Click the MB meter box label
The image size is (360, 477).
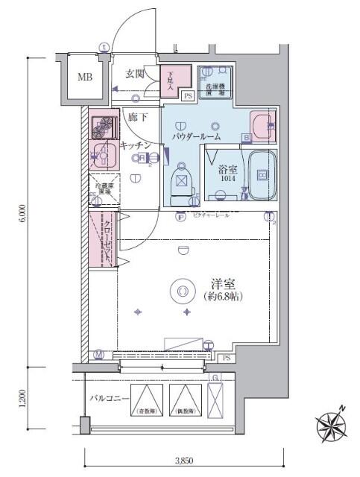coord(85,78)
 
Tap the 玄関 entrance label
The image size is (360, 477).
coord(134,73)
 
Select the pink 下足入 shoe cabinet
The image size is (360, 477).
coord(171,80)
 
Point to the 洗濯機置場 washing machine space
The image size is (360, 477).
coord(215,80)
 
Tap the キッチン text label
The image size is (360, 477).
coord(135,144)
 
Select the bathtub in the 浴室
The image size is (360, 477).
coord(262,175)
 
